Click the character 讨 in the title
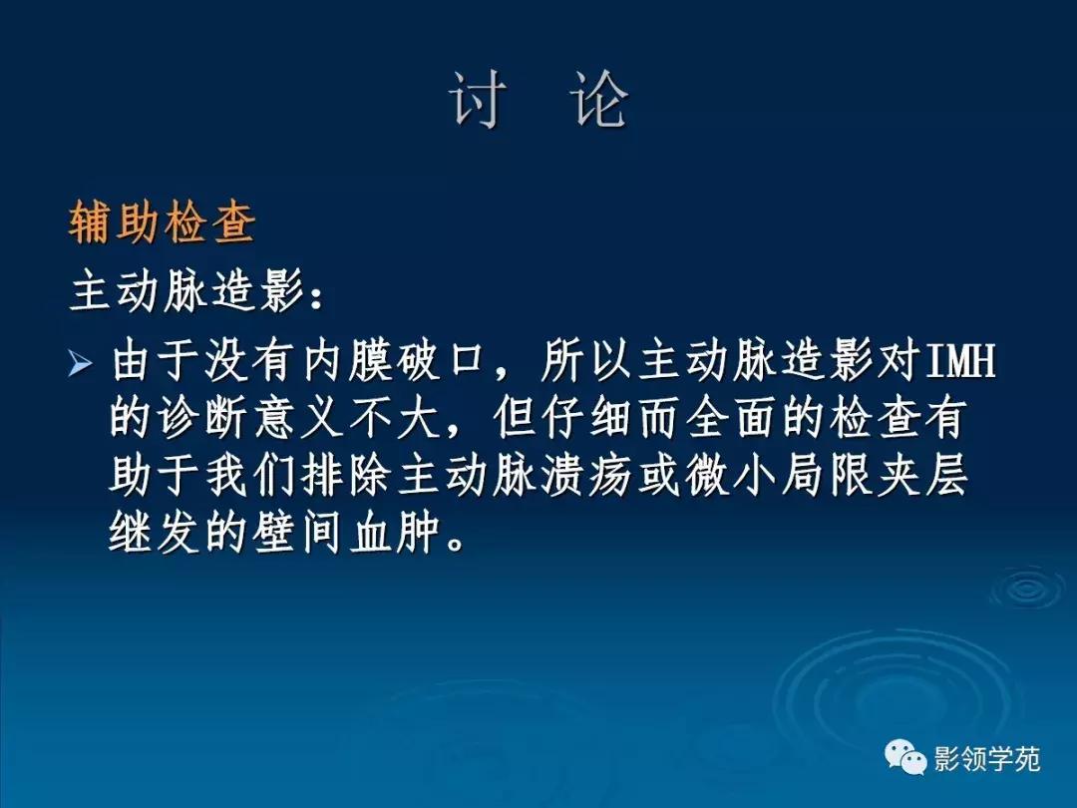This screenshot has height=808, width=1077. (477, 100)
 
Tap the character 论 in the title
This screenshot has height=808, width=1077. (600, 100)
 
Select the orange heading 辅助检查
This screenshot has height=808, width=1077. (163, 223)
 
